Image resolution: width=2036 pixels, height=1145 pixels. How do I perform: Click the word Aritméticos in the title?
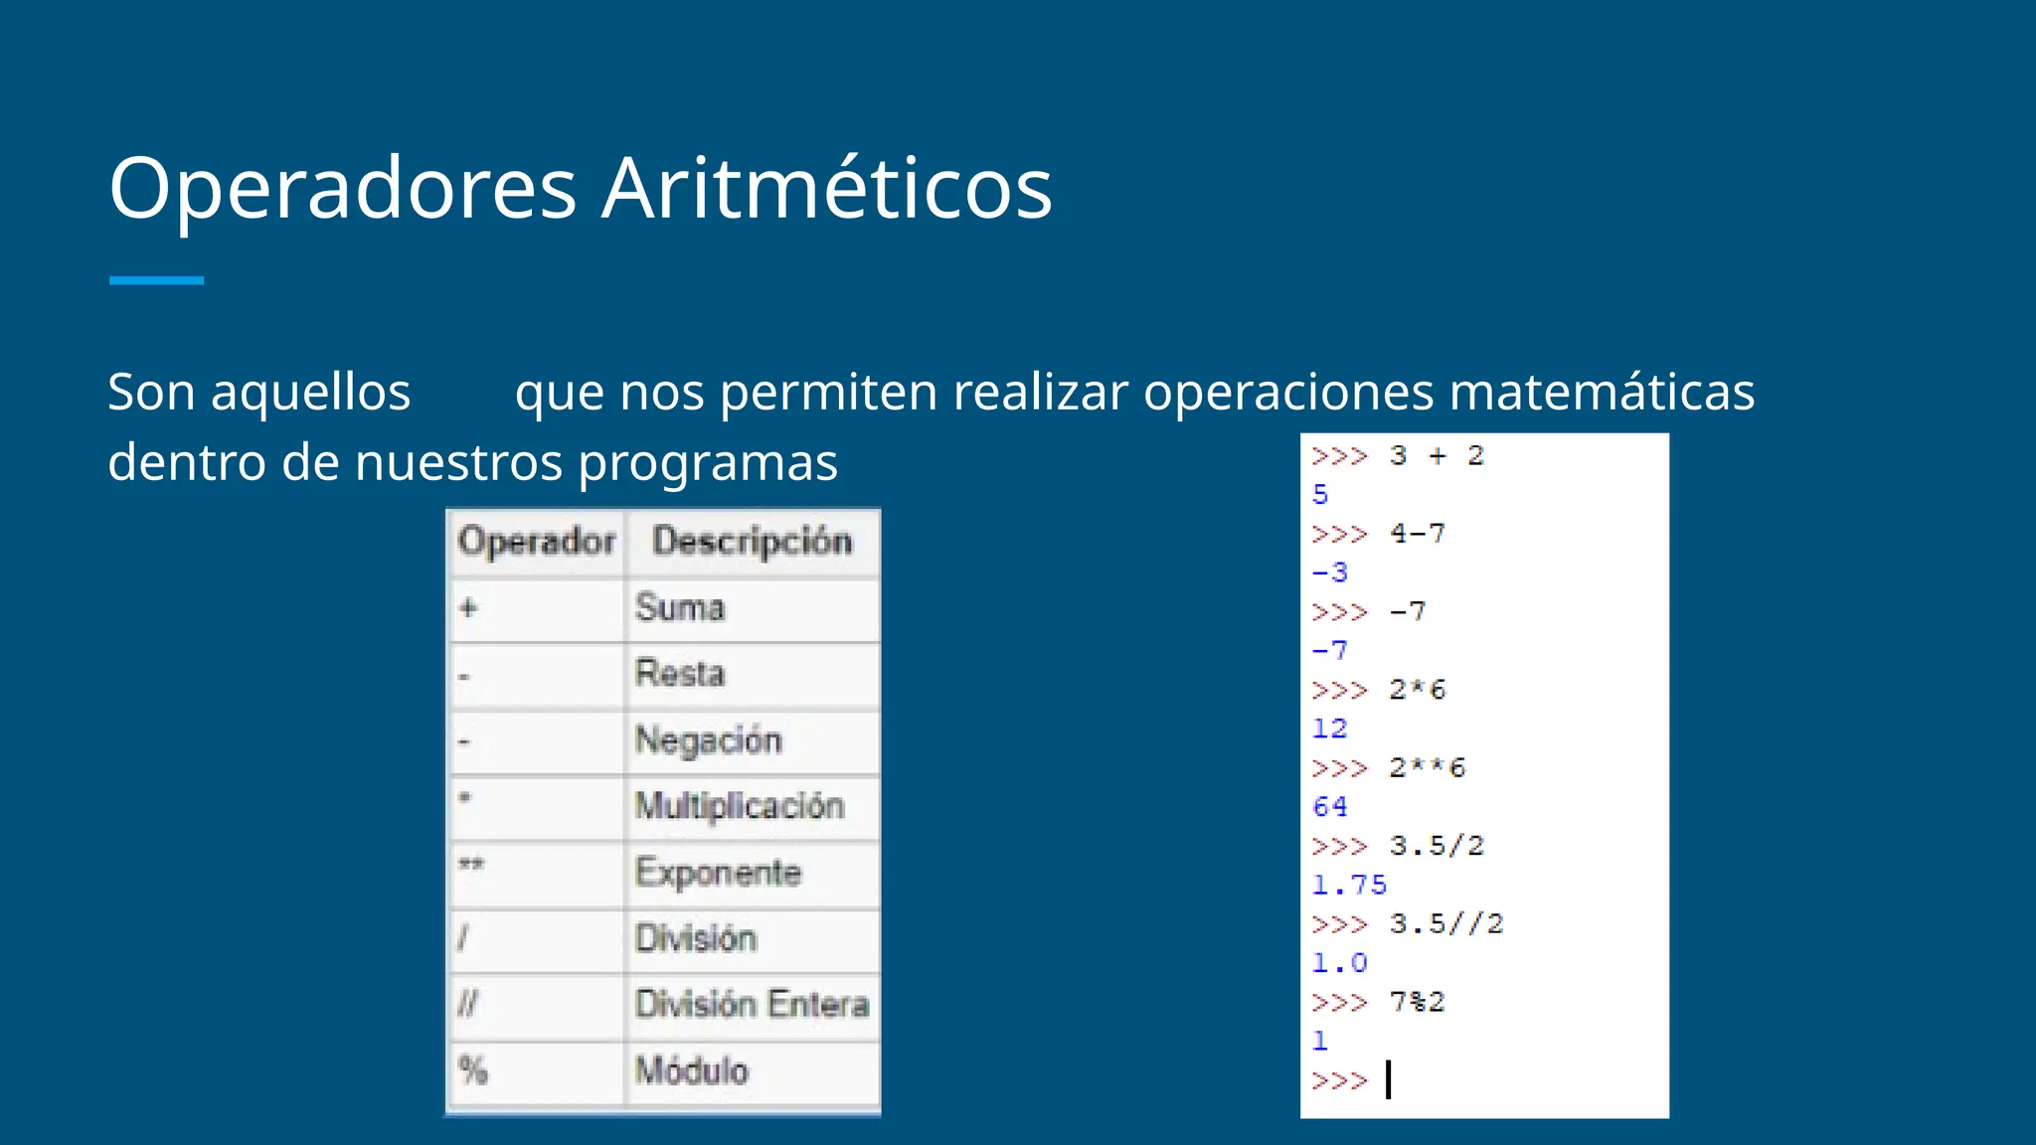[x=827, y=189]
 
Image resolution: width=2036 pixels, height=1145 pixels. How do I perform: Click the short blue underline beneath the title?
[x=156, y=280]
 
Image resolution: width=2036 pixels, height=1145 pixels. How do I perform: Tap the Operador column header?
[x=537, y=542]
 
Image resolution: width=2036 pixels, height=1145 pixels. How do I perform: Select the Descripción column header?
[x=752, y=542]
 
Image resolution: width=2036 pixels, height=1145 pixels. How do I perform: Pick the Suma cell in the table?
[x=680, y=607]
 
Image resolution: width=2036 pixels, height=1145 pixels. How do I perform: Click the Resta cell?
[x=680, y=674]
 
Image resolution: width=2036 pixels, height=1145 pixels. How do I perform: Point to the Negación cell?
[x=708, y=740]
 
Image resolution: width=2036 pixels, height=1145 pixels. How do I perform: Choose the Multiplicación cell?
[x=740, y=806]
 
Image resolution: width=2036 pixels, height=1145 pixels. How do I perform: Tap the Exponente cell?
[x=718, y=873]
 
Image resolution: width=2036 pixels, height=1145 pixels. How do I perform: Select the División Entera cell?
[x=752, y=1005]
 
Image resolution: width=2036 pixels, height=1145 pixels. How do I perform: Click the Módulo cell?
[x=692, y=1070]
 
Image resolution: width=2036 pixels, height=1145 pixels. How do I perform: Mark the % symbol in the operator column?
[x=473, y=1070]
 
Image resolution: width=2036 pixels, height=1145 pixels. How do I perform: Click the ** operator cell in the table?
[x=471, y=865]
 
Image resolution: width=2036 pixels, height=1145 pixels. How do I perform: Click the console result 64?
[x=1330, y=806]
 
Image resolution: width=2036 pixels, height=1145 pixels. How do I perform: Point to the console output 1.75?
[x=1348, y=885]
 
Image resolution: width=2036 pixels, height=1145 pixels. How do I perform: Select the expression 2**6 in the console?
[x=1427, y=767]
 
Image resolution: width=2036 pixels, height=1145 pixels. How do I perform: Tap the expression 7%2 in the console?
[x=1417, y=1002]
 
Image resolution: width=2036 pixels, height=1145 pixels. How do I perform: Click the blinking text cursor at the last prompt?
[x=1389, y=1079]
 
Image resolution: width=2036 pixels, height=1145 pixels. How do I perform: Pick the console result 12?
[x=1330, y=729]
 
